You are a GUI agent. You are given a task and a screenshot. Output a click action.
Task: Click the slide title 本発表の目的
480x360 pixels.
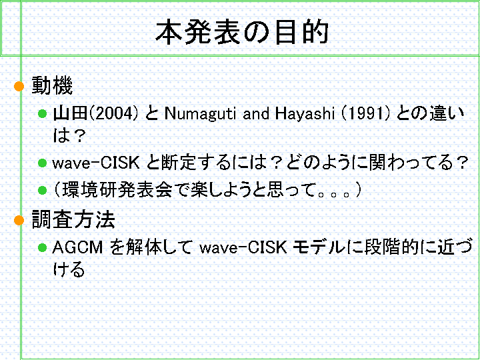pyautogui.click(x=242, y=32)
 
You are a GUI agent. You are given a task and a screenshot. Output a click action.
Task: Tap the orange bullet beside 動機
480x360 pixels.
pyautogui.click(x=19, y=86)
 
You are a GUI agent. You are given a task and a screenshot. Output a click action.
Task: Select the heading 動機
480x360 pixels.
pyautogui.click(x=53, y=86)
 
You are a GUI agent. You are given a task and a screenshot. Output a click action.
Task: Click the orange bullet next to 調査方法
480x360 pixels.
pyautogui.click(x=19, y=220)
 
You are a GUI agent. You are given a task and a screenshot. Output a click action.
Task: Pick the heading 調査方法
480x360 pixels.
pyautogui.click(x=73, y=219)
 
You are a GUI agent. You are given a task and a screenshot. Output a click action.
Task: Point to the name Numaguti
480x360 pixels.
pyautogui.click(x=200, y=114)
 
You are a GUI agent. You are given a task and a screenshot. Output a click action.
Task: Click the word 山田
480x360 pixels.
pyautogui.click(x=71, y=113)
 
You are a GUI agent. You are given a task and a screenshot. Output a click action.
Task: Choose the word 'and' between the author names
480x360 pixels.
pyautogui.click(x=256, y=114)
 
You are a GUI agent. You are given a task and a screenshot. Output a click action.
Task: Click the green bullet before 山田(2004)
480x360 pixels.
pyautogui.click(x=42, y=114)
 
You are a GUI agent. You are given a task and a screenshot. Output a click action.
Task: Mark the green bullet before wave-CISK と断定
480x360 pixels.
pyautogui.click(x=42, y=163)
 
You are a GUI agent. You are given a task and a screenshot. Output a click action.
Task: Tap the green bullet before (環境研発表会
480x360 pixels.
pyautogui.click(x=42, y=191)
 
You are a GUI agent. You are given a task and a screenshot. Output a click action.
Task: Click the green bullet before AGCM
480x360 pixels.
pyautogui.click(x=42, y=247)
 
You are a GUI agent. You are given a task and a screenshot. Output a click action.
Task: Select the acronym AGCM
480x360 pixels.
pyautogui.click(x=78, y=247)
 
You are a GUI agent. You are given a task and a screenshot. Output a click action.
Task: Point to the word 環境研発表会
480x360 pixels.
pyautogui.click(x=117, y=190)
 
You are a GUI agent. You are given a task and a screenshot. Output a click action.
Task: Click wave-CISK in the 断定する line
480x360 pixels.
pyautogui.click(x=96, y=163)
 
